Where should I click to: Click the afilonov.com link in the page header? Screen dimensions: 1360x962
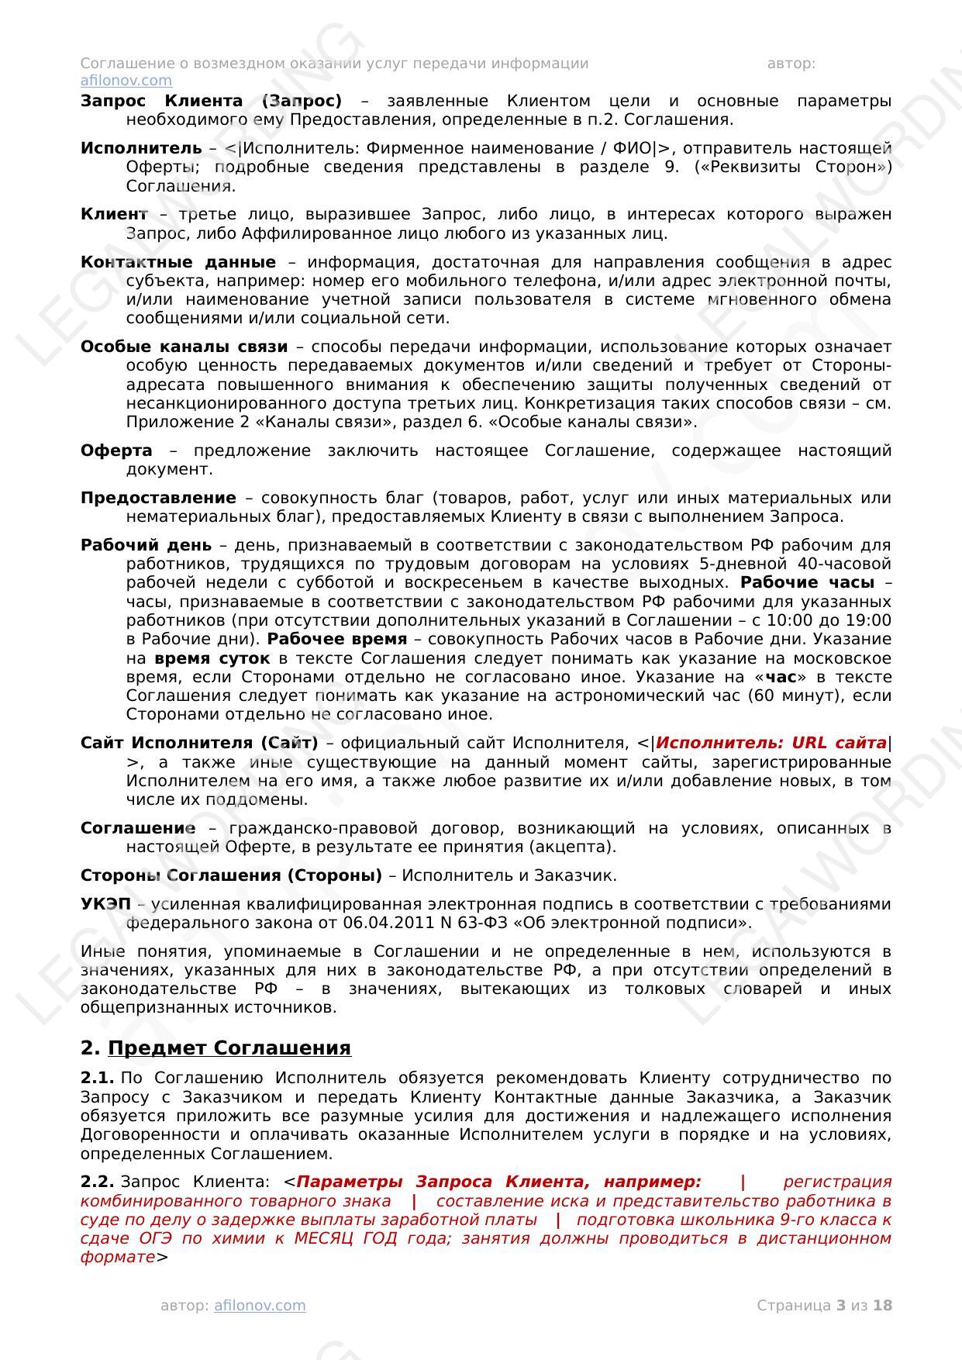tap(126, 81)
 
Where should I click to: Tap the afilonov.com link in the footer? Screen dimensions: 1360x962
tap(260, 1305)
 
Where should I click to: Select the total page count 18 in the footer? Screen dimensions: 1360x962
tap(883, 1305)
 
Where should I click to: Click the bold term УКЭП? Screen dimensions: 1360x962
tap(105, 904)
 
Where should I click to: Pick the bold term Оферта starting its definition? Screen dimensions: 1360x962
tap(116, 450)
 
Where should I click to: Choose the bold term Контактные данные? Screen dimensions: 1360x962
tap(178, 262)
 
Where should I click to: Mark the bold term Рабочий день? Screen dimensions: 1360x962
tap(145, 545)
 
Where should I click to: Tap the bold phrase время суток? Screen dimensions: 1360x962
tap(212, 658)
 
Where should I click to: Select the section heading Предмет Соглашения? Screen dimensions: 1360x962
tap(229, 1048)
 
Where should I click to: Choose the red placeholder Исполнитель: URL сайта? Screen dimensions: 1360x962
tap(771, 743)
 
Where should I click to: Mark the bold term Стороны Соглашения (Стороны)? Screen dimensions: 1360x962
tap(231, 875)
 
